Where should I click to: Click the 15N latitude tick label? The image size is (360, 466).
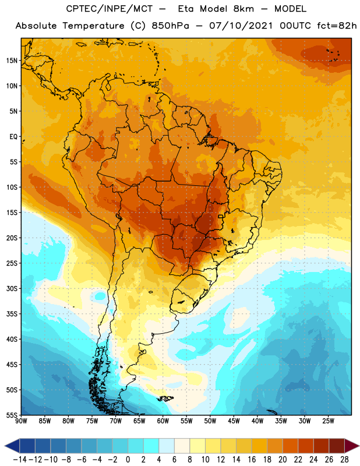click(12, 61)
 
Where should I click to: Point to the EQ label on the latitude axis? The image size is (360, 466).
click(13, 137)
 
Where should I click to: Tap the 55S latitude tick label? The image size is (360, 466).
click(12, 415)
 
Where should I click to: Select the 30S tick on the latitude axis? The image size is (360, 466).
click(12, 288)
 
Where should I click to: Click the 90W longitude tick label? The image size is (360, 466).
click(21, 421)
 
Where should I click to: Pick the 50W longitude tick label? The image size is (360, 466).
click(210, 421)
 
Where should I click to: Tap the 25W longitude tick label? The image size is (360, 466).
click(328, 421)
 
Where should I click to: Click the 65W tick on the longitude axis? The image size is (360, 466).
click(139, 421)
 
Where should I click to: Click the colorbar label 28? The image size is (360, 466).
click(344, 460)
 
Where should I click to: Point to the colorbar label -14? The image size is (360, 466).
click(20, 460)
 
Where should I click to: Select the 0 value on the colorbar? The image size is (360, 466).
click(128, 460)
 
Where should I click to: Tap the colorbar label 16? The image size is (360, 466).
click(252, 460)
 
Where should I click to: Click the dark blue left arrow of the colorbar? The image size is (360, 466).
click(12, 446)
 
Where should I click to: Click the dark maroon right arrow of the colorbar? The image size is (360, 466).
click(352, 446)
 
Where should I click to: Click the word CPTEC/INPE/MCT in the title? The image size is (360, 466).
click(109, 9)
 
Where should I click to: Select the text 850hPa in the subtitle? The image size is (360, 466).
click(170, 26)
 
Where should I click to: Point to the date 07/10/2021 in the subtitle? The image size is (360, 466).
click(241, 26)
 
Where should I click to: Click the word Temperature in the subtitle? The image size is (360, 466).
click(93, 26)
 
